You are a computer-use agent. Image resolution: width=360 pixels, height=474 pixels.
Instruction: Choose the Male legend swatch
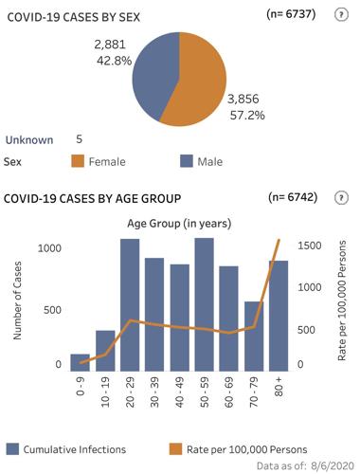(187, 162)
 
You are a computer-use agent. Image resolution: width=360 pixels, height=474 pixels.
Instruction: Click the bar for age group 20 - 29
(130, 303)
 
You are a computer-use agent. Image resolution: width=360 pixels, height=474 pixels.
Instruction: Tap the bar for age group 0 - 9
(81, 361)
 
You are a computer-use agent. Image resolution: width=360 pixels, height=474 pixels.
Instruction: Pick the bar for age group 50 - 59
(204, 303)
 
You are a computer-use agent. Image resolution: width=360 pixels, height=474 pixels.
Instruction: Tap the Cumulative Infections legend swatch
(12, 447)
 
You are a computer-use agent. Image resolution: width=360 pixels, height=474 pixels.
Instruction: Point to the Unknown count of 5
(80, 138)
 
